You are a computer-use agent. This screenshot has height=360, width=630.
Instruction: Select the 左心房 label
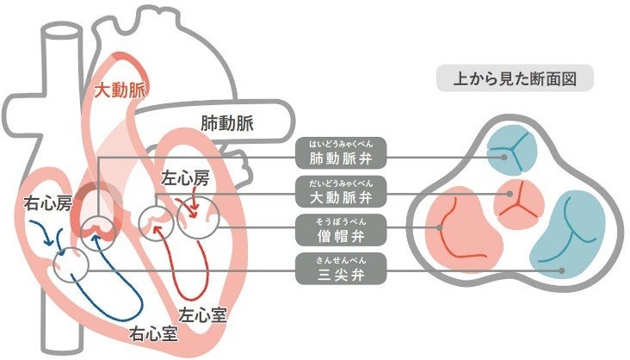[185, 179]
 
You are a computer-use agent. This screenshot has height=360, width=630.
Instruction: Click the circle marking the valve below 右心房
[71, 264]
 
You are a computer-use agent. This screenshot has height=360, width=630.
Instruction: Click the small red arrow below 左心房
[194, 207]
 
